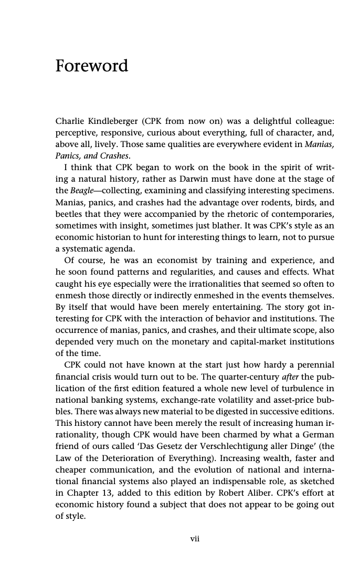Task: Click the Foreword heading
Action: pyautogui.click(x=92, y=66)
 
